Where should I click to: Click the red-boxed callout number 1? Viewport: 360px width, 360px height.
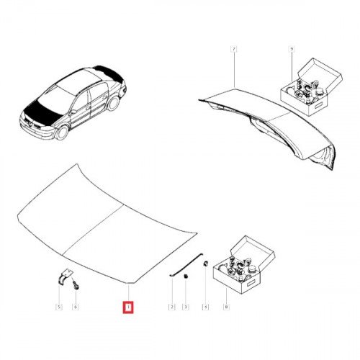pyautogui.click(x=127, y=307)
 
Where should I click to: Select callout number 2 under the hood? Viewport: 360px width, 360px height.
pyautogui.click(x=172, y=307)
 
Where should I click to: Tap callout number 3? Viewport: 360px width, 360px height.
pyautogui.click(x=185, y=307)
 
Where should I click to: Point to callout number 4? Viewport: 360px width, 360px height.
pyautogui.click(x=205, y=307)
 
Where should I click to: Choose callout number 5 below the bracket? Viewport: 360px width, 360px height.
pyautogui.click(x=59, y=307)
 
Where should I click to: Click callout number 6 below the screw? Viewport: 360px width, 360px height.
pyautogui.click(x=76, y=307)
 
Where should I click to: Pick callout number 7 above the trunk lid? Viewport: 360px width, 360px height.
pyautogui.click(x=233, y=49)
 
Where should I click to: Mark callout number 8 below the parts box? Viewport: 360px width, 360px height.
pyautogui.click(x=227, y=307)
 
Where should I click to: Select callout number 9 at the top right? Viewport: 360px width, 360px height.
pyautogui.click(x=292, y=49)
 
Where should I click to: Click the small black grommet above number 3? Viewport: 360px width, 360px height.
pyautogui.click(x=184, y=274)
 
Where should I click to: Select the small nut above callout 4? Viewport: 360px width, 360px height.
pyautogui.click(x=204, y=264)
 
